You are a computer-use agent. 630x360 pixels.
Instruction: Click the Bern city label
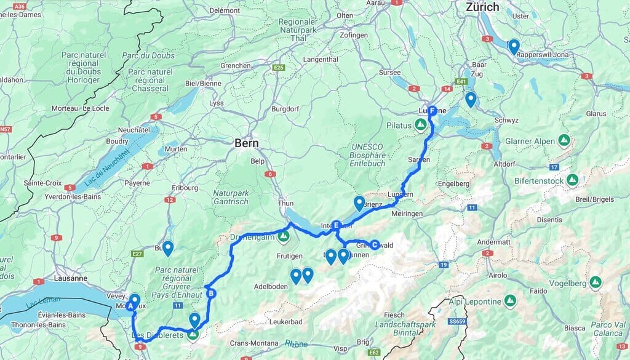coord(246,143)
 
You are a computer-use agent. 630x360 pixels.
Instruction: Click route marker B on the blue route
coord(211,293)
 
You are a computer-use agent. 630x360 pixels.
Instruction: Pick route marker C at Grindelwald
coord(374,244)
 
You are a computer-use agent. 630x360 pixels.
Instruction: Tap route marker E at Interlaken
coord(336,225)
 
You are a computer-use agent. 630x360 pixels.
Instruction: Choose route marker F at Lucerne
coord(432,111)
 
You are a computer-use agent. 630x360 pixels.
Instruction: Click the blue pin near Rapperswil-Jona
coord(513,46)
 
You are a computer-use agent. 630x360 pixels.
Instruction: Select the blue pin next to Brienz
coord(359,202)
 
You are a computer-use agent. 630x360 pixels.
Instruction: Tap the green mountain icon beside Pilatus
coord(421,126)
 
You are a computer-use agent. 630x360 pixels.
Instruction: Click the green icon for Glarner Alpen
coord(564,141)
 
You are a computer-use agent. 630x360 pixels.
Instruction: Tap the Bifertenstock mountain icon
coord(572,180)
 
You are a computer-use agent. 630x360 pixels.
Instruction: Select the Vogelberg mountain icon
coord(595,282)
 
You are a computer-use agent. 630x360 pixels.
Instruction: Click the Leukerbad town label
coord(287,322)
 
